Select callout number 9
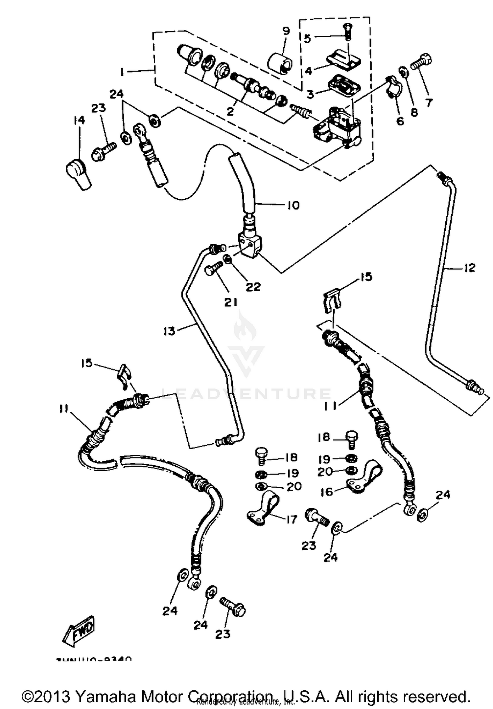click(x=286, y=31)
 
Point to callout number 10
click(x=293, y=205)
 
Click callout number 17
click(x=291, y=519)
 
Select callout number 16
click(x=327, y=492)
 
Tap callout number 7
click(x=429, y=103)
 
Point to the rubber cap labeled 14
click(x=78, y=173)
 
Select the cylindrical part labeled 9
click(x=279, y=63)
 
